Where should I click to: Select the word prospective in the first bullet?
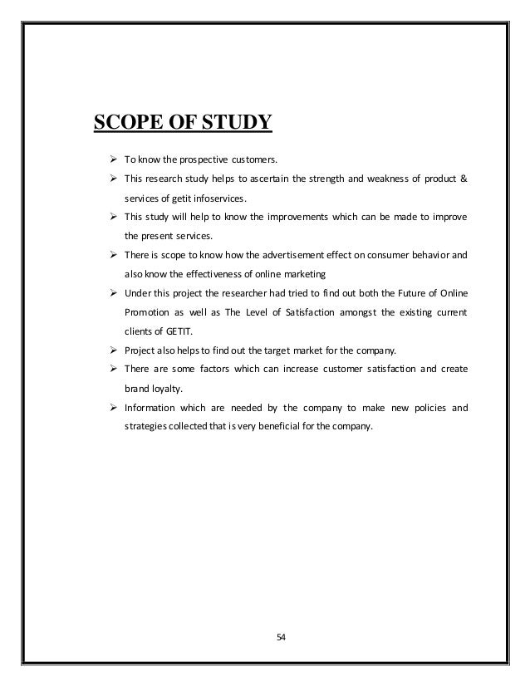[194, 160]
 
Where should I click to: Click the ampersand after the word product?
[464, 180]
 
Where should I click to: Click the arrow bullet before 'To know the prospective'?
[106, 159]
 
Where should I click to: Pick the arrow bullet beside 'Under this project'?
[106, 294]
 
